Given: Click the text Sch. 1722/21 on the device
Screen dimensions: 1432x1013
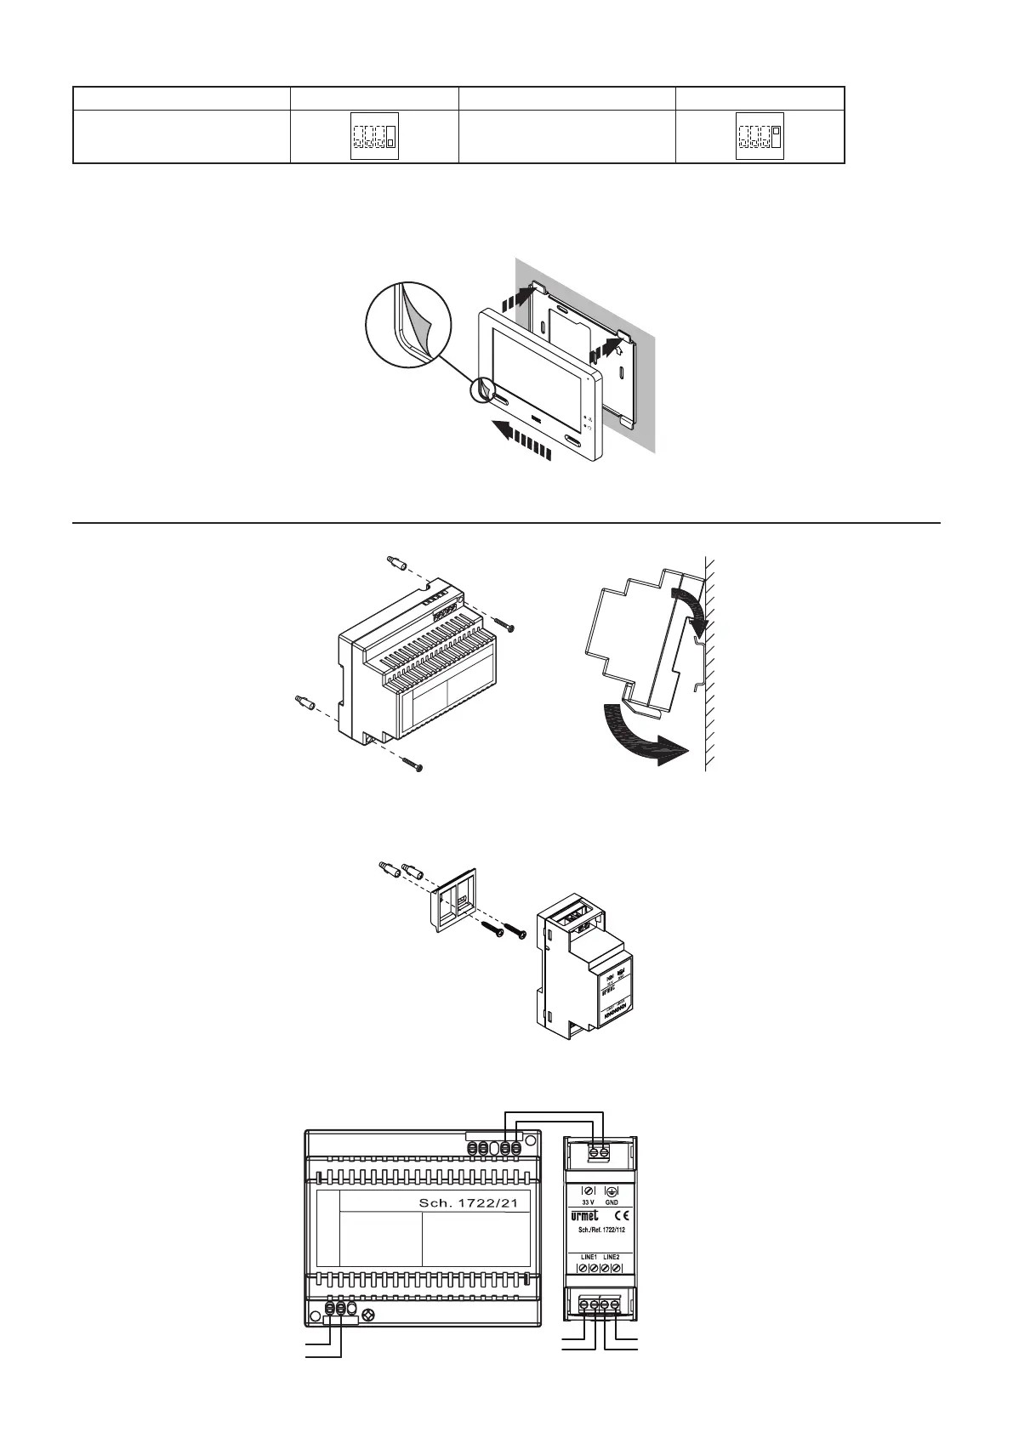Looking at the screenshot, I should click(x=468, y=1203).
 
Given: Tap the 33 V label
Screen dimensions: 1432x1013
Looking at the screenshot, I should click(x=588, y=1203).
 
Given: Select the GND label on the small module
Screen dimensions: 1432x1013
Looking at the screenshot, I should click(x=612, y=1203).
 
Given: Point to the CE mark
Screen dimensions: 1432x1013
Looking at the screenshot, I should click(x=612, y=1216).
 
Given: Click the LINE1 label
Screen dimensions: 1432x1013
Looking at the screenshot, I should click(x=587, y=1256).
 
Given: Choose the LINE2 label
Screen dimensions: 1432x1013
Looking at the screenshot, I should click(x=611, y=1256).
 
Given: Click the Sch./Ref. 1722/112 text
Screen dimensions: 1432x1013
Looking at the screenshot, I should click(x=599, y=1230).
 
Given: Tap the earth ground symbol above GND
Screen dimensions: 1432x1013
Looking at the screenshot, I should click(x=612, y=1192).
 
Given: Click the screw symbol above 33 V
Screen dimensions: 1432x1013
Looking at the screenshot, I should click(x=588, y=1192).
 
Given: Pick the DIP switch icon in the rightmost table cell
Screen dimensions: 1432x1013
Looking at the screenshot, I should click(x=760, y=136).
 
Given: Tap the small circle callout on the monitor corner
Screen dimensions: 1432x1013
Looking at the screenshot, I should click(x=483, y=390).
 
